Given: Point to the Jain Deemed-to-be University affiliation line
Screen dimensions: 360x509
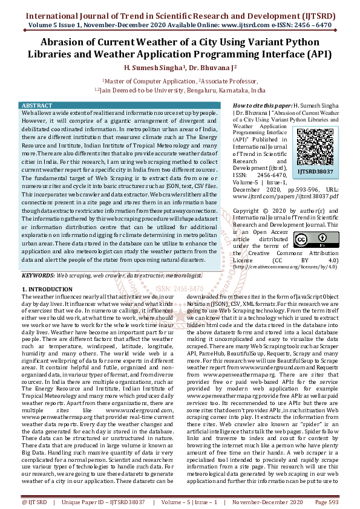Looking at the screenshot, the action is [x=180, y=89].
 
